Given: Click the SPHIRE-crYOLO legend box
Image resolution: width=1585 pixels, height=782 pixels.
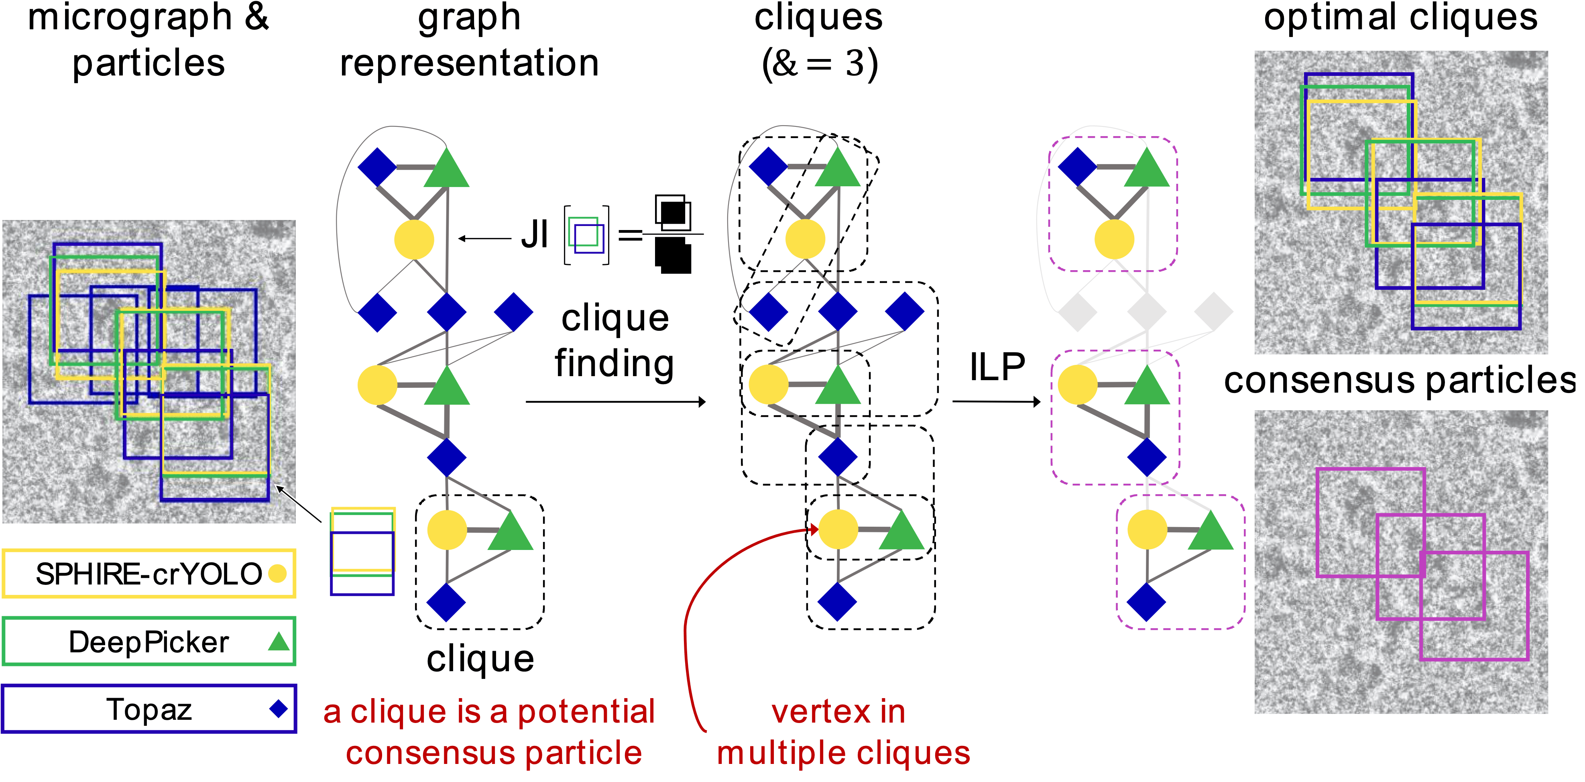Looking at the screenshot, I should point(149,573).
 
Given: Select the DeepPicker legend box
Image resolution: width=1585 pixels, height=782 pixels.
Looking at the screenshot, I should point(149,642).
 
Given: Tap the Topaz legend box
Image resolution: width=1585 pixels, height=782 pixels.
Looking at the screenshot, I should point(149,709).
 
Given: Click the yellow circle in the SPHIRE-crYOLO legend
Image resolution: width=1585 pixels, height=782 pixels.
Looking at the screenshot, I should point(277,573).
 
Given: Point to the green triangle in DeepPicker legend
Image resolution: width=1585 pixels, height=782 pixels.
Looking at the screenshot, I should point(279,642).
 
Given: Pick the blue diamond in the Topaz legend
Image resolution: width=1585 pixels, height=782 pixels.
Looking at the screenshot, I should point(279,709).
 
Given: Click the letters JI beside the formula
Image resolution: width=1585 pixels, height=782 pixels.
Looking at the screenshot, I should point(534,235).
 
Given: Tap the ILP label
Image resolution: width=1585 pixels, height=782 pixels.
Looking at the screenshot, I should point(997,367).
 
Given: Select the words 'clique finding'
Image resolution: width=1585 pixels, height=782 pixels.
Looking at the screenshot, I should point(614,340).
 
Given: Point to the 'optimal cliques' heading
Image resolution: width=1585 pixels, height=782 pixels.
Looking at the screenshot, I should point(1400,18).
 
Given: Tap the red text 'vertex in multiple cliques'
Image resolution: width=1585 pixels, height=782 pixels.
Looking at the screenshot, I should point(843,732).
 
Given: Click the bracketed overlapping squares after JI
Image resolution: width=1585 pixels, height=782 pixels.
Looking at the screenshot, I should point(586,235).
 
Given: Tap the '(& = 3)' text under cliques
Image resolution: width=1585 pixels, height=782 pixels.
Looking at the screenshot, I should point(819,63).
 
